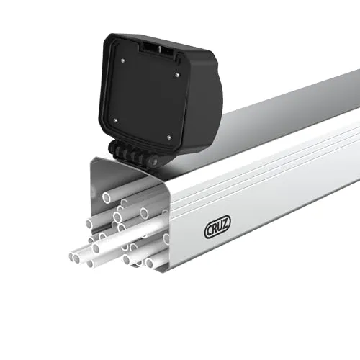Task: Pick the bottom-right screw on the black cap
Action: click(x=168, y=136)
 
